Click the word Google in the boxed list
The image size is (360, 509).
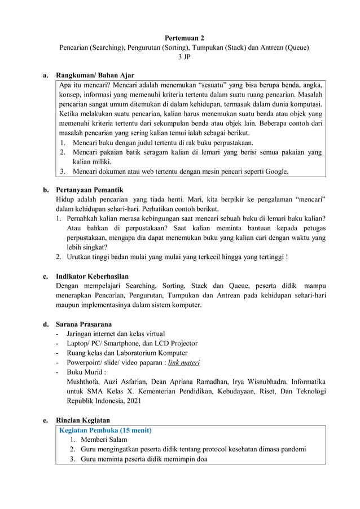[274, 172]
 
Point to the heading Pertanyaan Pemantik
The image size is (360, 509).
[89, 190]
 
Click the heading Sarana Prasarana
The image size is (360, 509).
[84, 324]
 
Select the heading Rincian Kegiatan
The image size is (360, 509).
[83, 420]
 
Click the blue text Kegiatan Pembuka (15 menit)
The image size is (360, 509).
[105, 430]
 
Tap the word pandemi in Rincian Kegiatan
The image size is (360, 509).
[292, 449]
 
